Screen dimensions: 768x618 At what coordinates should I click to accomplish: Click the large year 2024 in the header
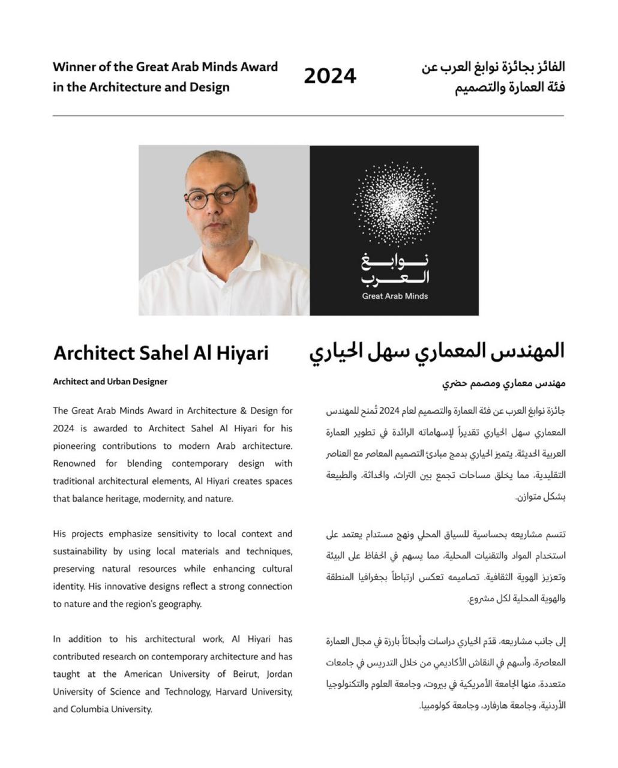(x=330, y=77)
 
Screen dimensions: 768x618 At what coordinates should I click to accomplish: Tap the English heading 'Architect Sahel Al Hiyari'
(x=161, y=353)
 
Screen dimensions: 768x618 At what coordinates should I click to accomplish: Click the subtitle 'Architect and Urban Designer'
(x=110, y=382)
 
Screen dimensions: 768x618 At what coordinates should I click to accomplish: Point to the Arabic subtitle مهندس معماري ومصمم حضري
(x=504, y=383)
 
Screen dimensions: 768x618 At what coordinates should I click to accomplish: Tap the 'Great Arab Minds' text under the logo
(x=395, y=296)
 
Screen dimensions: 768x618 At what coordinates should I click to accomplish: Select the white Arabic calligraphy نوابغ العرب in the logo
(x=395, y=269)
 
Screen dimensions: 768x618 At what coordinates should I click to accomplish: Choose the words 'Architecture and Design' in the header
(x=159, y=87)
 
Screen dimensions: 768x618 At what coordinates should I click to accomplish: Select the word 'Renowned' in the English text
(x=74, y=463)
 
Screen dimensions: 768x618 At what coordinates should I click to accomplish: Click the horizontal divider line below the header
(x=308, y=115)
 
